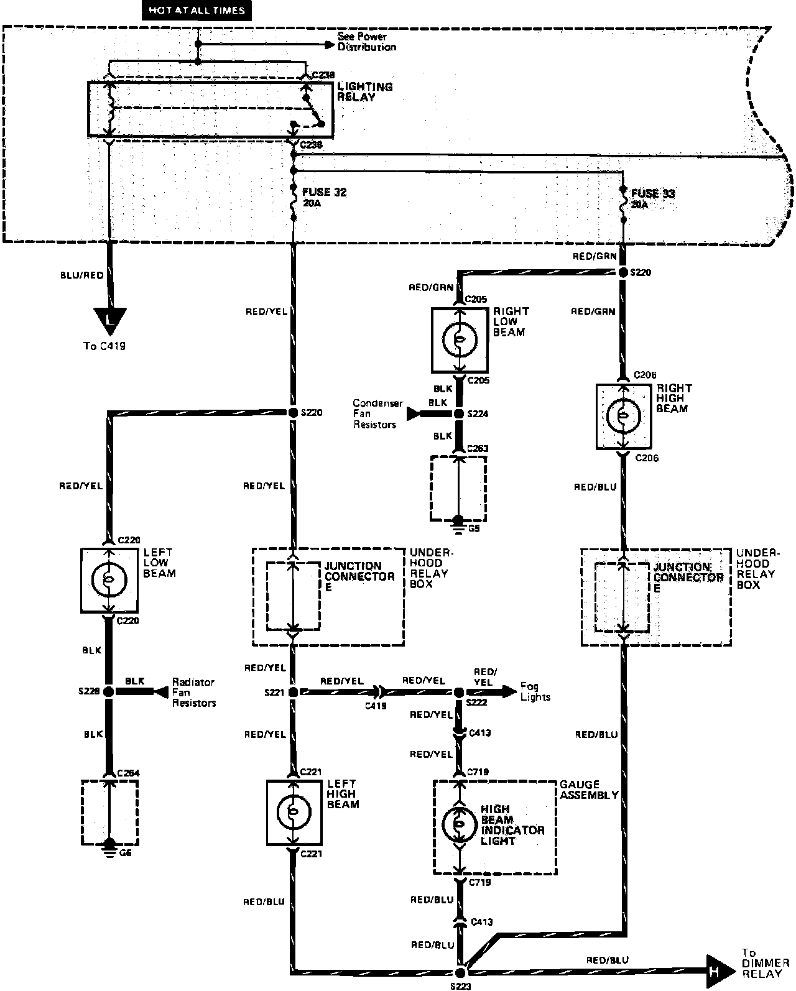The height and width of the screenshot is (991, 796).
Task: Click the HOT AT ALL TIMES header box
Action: (197, 10)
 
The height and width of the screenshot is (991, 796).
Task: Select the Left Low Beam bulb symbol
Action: (109, 579)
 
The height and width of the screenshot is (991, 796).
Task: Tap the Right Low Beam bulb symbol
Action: (460, 339)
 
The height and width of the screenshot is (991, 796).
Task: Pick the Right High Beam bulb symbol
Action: (624, 416)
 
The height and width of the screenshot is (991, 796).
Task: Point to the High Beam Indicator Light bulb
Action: (459, 824)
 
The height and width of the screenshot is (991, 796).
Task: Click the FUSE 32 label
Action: (324, 192)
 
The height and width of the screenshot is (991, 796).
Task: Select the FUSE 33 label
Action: (653, 193)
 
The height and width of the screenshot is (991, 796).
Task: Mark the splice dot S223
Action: (461, 972)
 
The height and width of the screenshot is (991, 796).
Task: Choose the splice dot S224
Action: (459, 414)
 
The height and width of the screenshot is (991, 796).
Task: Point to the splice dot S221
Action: (294, 691)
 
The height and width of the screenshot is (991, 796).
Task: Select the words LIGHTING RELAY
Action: (364, 92)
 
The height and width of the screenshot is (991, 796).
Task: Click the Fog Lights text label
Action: (535, 692)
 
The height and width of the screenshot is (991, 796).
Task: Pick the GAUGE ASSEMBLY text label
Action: (588, 790)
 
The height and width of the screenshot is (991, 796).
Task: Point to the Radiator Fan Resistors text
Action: (193, 693)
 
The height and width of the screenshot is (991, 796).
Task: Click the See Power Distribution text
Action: (366, 42)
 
